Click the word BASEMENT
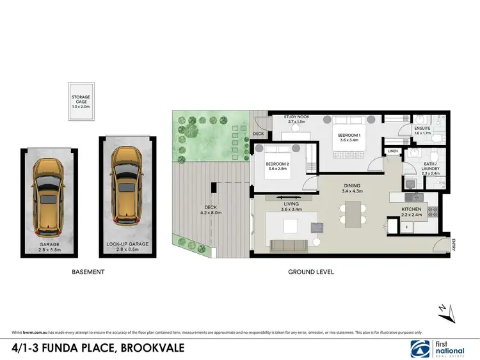[87, 272]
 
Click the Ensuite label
[422, 129]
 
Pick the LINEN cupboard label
[392, 152]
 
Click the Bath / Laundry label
[431, 167]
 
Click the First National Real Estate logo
[439, 347]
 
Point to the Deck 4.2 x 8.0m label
[212, 211]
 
